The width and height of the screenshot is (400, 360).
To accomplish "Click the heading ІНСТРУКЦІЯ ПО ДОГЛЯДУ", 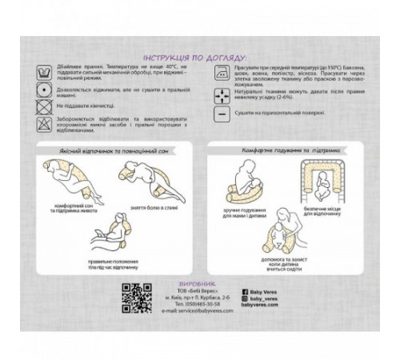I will click(200, 59).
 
